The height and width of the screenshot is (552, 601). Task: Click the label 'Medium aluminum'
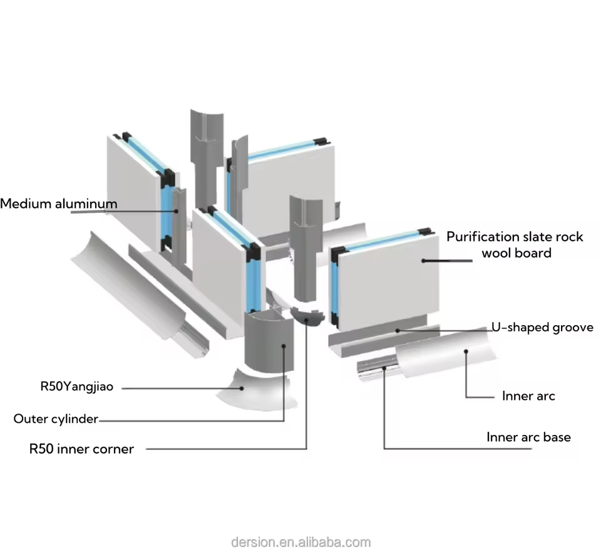click(x=58, y=204)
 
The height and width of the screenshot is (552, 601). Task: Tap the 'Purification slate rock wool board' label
click(x=515, y=245)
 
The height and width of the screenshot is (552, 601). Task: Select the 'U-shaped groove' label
click(x=542, y=328)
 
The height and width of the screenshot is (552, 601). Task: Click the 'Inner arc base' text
click(x=528, y=437)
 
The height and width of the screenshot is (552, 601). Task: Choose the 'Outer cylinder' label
click(x=56, y=419)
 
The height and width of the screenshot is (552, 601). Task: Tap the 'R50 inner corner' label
click(x=81, y=449)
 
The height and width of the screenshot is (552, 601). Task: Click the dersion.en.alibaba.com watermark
click(x=300, y=542)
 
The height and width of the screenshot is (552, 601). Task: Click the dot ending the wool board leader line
click(x=424, y=260)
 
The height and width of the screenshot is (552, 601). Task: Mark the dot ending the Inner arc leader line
click(x=466, y=352)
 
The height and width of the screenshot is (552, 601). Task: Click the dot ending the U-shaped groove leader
click(x=398, y=328)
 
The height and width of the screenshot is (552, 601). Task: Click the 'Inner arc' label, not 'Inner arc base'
click(x=528, y=396)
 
